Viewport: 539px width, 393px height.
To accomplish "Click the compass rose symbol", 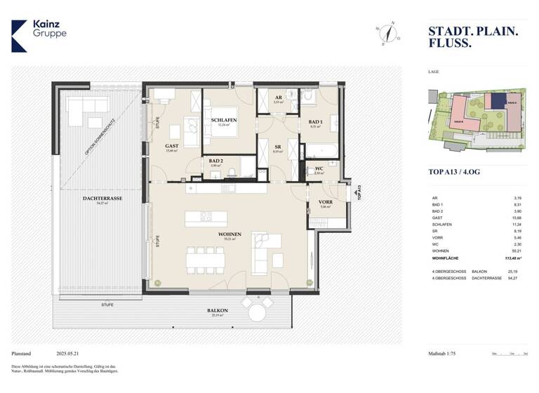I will (386, 33).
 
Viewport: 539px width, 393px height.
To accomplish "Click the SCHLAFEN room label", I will (223, 120).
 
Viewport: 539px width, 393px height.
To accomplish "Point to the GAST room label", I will (171, 146).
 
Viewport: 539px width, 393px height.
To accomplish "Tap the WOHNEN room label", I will (229, 234).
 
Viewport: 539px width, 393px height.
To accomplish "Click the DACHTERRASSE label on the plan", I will (102, 199).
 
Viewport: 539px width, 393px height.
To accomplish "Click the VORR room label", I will (324, 201).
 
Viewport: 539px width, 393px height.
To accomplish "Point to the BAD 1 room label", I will (316, 122).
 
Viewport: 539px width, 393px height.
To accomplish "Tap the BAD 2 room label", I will (215, 161).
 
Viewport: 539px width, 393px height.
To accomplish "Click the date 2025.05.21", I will (71, 354).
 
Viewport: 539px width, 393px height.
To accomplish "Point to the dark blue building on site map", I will (498, 101).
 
